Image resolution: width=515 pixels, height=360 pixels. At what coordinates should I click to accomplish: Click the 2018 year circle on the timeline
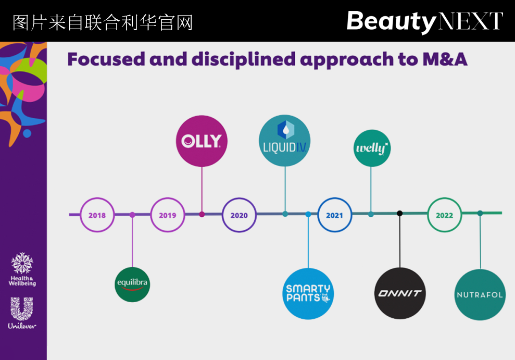[97, 215]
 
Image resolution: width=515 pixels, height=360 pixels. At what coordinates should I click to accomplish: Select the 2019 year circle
[168, 215]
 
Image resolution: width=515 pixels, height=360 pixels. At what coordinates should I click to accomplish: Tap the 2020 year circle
[239, 215]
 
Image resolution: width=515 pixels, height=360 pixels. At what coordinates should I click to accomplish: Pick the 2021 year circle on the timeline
[334, 215]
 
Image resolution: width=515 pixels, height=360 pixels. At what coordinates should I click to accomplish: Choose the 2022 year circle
[444, 215]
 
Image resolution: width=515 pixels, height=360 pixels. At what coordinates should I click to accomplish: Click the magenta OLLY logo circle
[202, 141]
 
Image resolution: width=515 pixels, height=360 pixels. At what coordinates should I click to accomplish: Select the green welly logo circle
[372, 148]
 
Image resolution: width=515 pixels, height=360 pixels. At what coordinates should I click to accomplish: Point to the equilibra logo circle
[132, 284]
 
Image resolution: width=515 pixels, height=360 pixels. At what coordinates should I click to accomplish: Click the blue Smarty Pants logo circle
[308, 293]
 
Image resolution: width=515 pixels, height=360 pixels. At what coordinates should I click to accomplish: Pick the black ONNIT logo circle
[400, 293]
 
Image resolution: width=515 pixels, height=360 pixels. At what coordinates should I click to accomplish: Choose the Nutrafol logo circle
[480, 294]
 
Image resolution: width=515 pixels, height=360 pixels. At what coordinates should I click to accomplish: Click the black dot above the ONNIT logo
[400, 214]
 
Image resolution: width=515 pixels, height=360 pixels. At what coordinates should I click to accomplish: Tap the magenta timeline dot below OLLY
[202, 214]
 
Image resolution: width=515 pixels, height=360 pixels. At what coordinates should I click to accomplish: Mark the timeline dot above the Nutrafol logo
[480, 213]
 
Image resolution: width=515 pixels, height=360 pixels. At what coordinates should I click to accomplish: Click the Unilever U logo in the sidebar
[22, 308]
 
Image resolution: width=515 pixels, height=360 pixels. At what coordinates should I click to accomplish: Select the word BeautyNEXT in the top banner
[424, 21]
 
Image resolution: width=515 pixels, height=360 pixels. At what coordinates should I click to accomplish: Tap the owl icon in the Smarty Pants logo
[325, 298]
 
